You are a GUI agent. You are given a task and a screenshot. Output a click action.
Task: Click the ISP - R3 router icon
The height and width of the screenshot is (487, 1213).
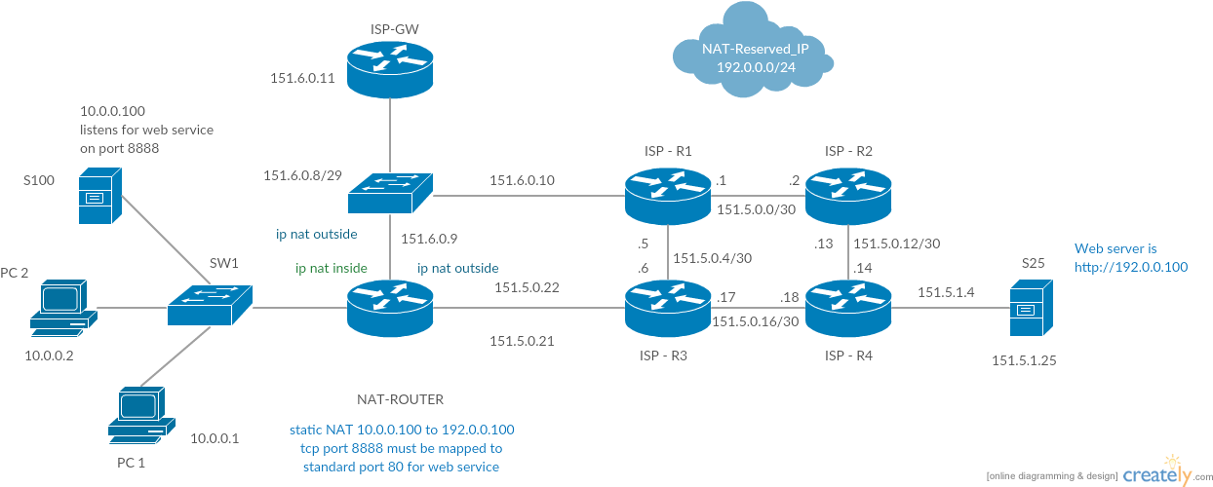[668, 307]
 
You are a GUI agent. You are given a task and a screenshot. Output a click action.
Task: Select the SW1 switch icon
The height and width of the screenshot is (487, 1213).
[210, 305]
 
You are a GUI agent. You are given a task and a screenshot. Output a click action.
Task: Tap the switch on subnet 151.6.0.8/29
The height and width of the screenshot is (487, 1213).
[391, 193]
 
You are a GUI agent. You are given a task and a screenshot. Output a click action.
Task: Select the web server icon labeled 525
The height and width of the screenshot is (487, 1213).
[1032, 308]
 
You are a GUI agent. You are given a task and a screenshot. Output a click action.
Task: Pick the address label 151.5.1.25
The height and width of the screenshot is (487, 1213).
[1024, 360]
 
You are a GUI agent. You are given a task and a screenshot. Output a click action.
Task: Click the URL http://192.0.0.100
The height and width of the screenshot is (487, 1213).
[1131, 265]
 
